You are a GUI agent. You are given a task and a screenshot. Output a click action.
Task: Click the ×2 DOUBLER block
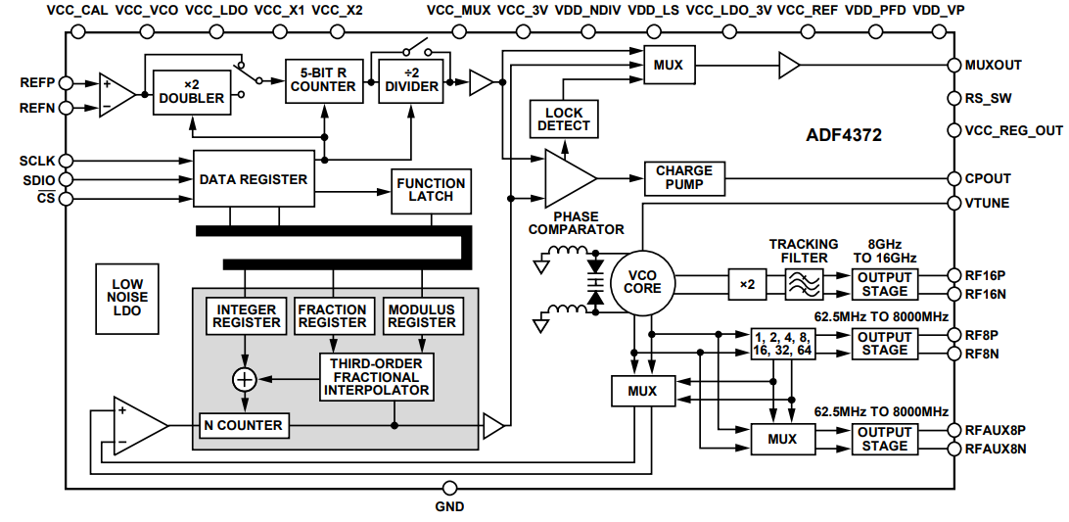(191, 90)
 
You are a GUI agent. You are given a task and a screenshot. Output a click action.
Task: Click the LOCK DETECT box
(564, 119)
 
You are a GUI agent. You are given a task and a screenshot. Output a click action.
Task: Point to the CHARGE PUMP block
(684, 177)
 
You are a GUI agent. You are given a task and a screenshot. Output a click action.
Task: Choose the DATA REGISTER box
(253, 179)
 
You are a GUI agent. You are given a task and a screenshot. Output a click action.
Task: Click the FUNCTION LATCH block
(431, 189)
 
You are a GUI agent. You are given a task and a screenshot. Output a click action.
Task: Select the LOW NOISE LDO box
(127, 298)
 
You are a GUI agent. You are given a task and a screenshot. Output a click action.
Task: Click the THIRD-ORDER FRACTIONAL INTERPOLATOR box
(377, 376)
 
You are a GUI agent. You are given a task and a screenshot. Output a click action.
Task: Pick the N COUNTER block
(243, 425)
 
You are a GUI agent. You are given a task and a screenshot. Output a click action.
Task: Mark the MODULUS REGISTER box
(422, 315)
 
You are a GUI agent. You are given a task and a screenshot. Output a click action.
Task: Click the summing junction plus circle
(244, 378)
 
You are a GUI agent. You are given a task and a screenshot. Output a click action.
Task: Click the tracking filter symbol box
(807, 284)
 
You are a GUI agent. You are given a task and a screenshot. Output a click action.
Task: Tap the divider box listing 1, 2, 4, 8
(782, 343)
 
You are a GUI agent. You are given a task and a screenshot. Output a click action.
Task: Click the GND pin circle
(449, 488)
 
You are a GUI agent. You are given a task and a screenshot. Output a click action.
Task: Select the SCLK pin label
(37, 160)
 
